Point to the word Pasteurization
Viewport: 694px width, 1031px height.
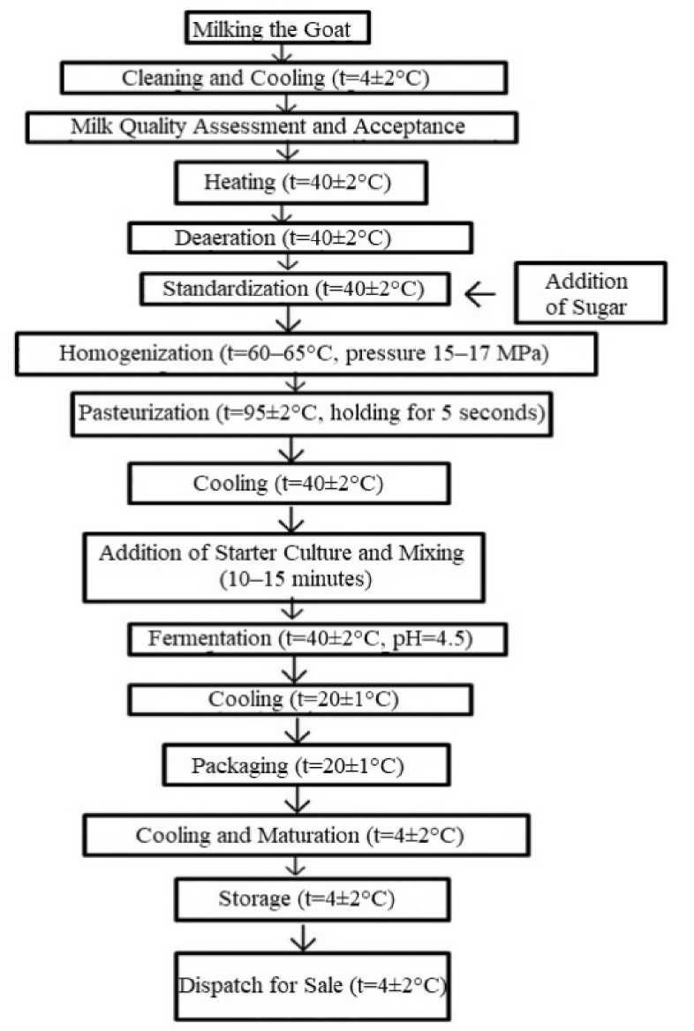tap(141, 414)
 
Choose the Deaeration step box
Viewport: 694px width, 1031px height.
tap(300, 237)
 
